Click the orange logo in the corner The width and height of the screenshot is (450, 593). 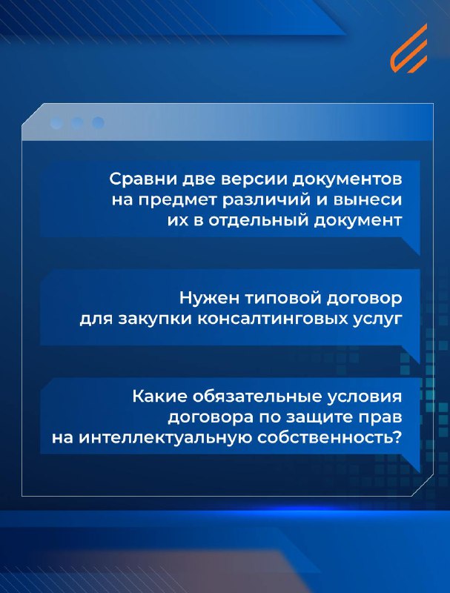pyautogui.click(x=408, y=48)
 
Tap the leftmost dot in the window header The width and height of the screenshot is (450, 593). pyautogui.click(x=56, y=123)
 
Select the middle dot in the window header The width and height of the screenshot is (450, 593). pyautogui.click(x=77, y=123)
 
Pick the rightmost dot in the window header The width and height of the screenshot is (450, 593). pyautogui.click(x=98, y=123)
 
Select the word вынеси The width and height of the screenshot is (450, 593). pyautogui.click(x=367, y=200)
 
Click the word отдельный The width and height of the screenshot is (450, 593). pyautogui.click(x=258, y=221)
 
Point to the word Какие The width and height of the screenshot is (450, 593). pyautogui.click(x=160, y=397)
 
